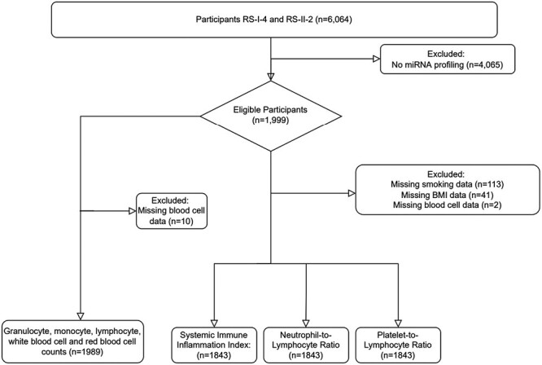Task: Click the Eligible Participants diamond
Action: tap(271, 116)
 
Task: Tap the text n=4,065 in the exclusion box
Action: tap(484, 64)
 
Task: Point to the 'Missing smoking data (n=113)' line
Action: tap(448, 184)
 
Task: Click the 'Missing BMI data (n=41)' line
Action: tap(448, 195)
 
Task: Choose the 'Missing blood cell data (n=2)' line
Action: tap(448, 204)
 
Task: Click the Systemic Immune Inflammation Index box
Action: tap(214, 345)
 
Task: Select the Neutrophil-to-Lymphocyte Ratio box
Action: tap(306, 345)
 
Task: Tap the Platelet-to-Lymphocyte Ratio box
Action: tap(398, 345)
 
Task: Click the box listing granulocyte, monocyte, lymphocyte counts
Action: tap(72, 341)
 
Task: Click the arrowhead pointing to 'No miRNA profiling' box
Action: tap(377, 59)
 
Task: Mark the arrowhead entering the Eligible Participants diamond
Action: tap(271, 77)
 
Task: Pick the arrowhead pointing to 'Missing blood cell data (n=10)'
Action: tap(133, 211)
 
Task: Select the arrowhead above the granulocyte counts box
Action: tap(81, 316)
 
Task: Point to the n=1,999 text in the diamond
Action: tap(271, 121)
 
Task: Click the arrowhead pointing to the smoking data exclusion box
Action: tap(352, 193)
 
